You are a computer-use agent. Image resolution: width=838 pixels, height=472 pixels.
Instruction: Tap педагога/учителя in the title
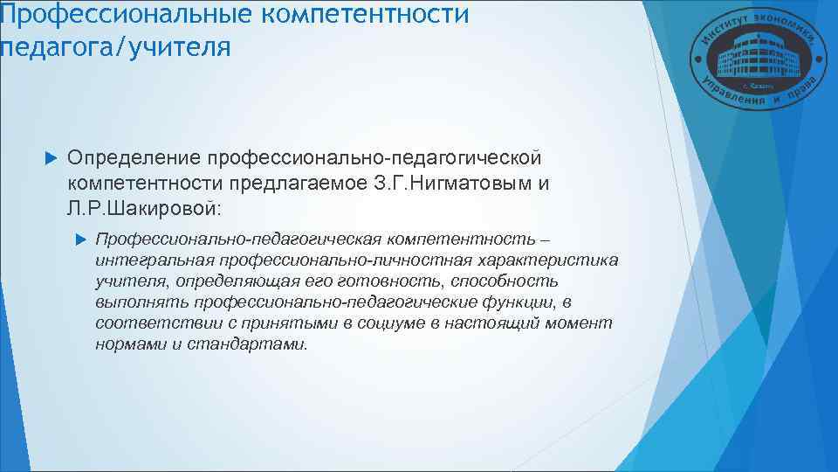click(115, 45)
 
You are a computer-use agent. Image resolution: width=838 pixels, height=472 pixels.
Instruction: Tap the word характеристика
click(547, 260)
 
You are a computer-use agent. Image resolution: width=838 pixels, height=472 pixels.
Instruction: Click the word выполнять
click(143, 302)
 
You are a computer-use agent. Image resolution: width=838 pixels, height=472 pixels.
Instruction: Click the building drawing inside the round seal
click(747, 59)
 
